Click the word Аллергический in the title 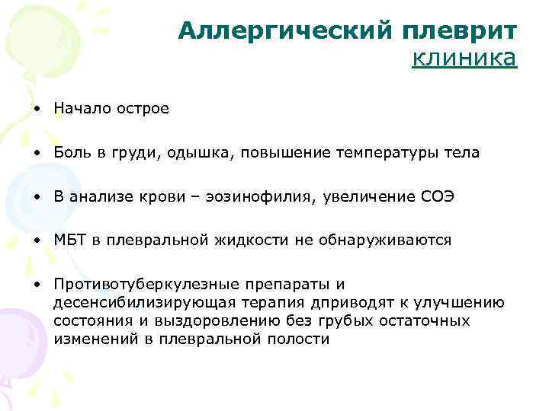coord(286,30)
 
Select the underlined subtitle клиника coord(464,59)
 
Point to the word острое coord(143,109)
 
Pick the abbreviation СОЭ coord(437,197)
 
